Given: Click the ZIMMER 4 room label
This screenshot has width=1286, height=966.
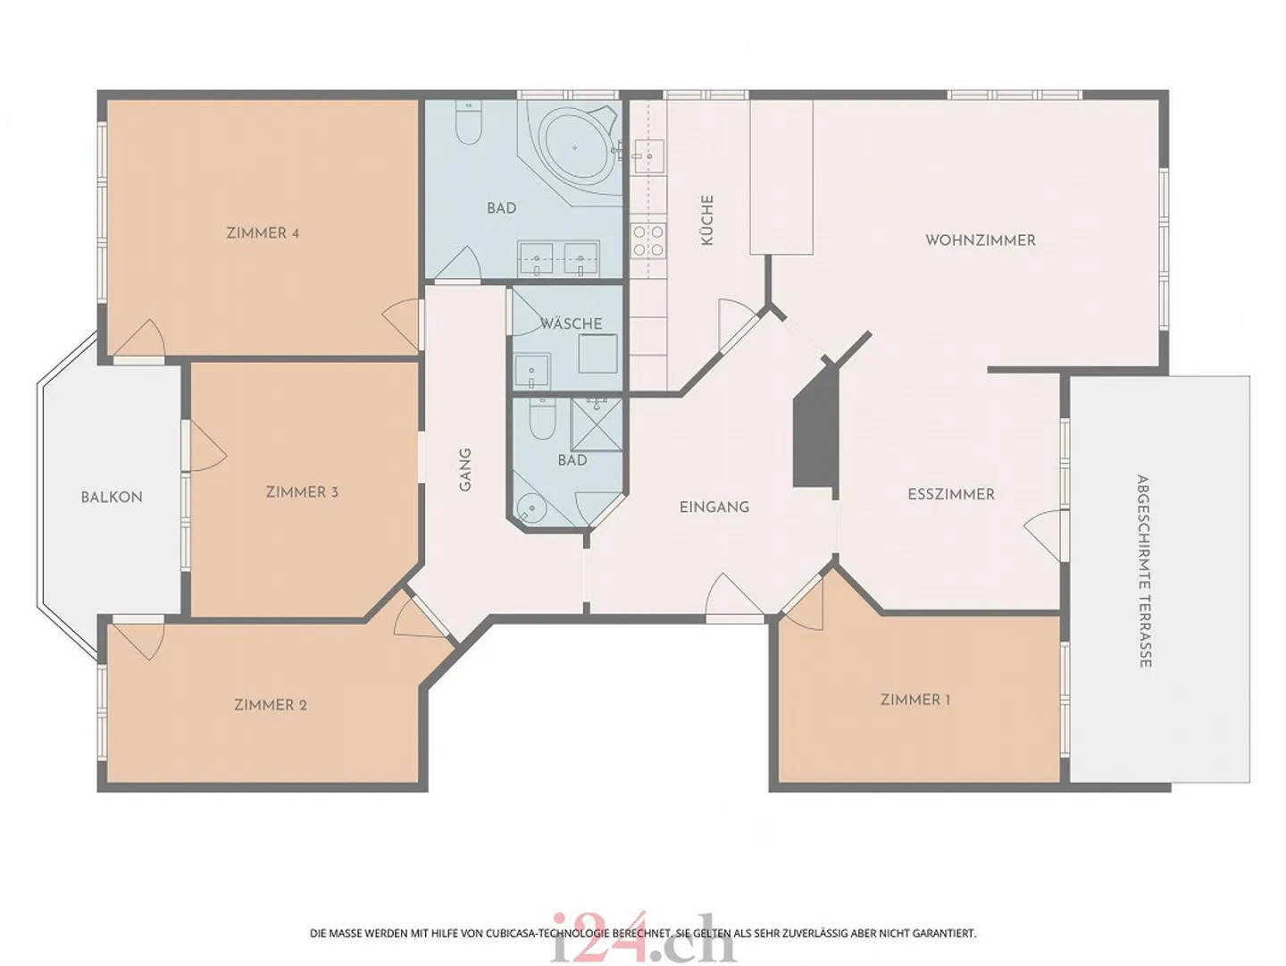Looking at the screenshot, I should pyautogui.click(x=263, y=233).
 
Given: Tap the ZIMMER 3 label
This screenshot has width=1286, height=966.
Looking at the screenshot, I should pyautogui.click(x=302, y=492).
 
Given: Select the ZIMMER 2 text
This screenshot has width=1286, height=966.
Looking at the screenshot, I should pyautogui.click(x=270, y=705).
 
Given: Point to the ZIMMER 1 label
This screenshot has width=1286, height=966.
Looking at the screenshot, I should pyautogui.click(x=915, y=700).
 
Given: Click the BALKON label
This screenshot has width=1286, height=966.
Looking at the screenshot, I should pyautogui.click(x=112, y=498).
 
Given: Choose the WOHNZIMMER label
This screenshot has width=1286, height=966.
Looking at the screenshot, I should pyautogui.click(x=981, y=240).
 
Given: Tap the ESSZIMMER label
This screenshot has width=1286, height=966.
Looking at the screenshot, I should pyautogui.click(x=951, y=494).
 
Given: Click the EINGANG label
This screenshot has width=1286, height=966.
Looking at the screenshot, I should pyautogui.click(x=714, y=507).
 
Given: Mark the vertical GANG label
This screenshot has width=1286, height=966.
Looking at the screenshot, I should pyautogui.click(x=465, y=469).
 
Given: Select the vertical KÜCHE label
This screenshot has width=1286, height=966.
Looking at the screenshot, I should pyautogui.click(x=707, y=221).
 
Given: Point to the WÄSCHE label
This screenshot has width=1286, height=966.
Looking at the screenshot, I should pyautogui.click(x=571, y=323).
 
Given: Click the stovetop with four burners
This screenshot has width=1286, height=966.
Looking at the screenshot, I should pyautogui.click(x=648, y=239).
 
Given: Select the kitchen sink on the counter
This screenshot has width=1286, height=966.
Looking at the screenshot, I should pyautogui.click(x=649, y=156).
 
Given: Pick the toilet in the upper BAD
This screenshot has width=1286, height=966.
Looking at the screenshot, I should pyautogui.click(x=468, y=123).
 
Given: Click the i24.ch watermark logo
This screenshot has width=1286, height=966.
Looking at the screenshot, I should pyautogui.click(x=643, y=938).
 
